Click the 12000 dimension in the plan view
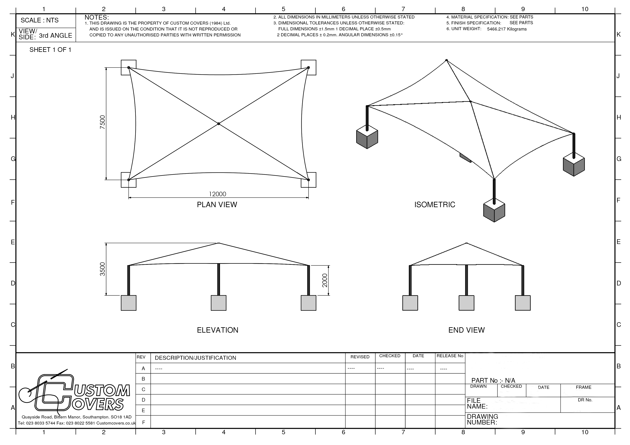point(217,194)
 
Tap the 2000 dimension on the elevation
point(325,280)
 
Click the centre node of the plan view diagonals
point(218,124)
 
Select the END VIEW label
point(466,330)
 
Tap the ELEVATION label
point(218,330)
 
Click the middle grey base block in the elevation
point(218,303)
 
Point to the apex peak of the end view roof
point(466,243)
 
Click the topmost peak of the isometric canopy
point(446,60)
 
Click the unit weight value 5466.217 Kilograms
point(507,29)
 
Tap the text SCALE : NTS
point(40,20)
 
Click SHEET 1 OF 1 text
point(50,50)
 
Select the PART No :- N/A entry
point(493,381)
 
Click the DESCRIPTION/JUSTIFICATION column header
point(195,358)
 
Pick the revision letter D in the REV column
point(143,400)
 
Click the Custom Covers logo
point(74,393)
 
